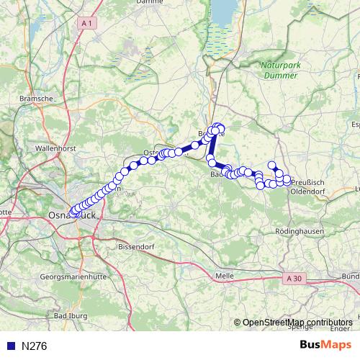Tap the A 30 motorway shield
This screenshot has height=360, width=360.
(292, 278)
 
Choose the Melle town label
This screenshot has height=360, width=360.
(225, 276)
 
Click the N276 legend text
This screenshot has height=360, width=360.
(34, 346)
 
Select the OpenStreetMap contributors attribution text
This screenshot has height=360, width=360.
(297, 323)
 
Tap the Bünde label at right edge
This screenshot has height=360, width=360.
(351, 276)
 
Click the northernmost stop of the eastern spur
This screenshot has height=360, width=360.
(272, 165)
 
